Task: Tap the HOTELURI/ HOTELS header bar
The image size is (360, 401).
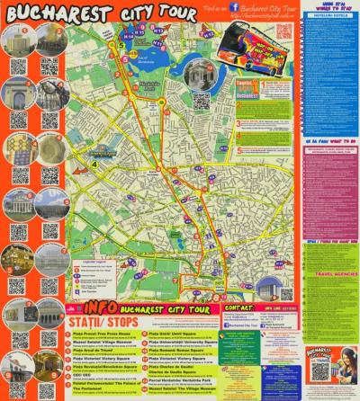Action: point(328,14)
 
